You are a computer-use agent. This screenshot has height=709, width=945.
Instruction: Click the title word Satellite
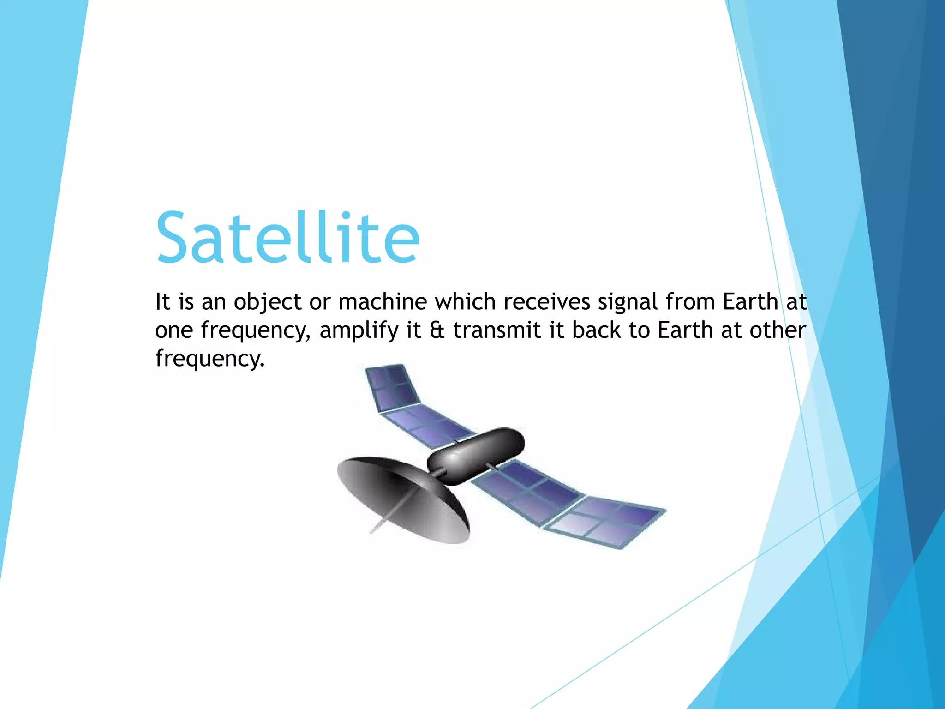[x=288, y=237]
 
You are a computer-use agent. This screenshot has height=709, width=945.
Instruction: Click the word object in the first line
[x=267, y=302]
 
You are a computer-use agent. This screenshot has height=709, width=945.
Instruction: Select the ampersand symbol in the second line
[x=437, y=330]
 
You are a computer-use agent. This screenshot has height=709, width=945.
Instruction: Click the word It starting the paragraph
[x=162, y=302]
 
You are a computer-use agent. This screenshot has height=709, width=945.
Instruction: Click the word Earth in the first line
[x=750, y=302]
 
